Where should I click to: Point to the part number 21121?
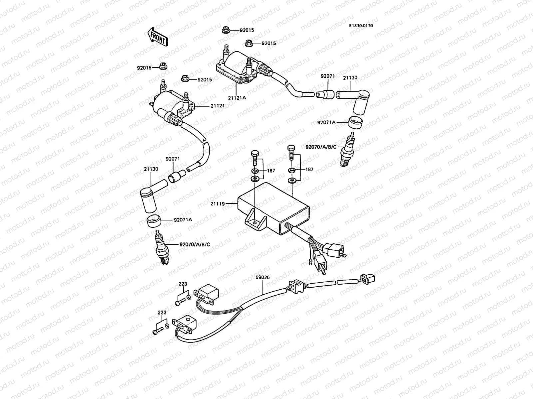pyautogui.click(x=218, y=106)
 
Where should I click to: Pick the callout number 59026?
pyautogui.click(x=263, y=277)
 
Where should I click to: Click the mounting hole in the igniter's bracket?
pyautogui.click(x=255, y=222)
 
